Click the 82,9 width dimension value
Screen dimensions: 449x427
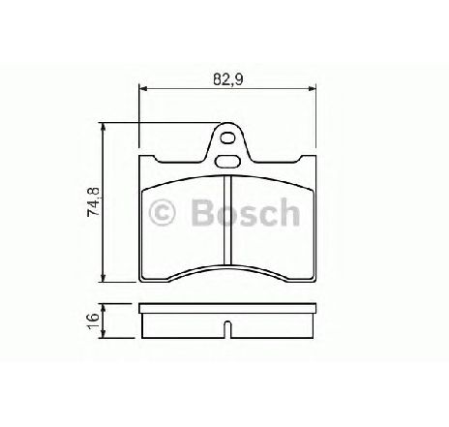click(227, 79)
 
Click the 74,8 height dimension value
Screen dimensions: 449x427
click(94, 201)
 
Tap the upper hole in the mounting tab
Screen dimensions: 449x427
click(227, 138)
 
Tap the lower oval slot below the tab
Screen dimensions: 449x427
click(227, 161)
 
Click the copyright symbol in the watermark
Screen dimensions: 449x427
click(162, 212)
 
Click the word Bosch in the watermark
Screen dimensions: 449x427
click(245, 212)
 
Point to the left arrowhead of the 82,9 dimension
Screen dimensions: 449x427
click(143, 88)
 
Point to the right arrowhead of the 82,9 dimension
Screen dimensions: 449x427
click(312, 88)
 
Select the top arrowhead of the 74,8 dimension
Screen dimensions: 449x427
click(103, 127)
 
